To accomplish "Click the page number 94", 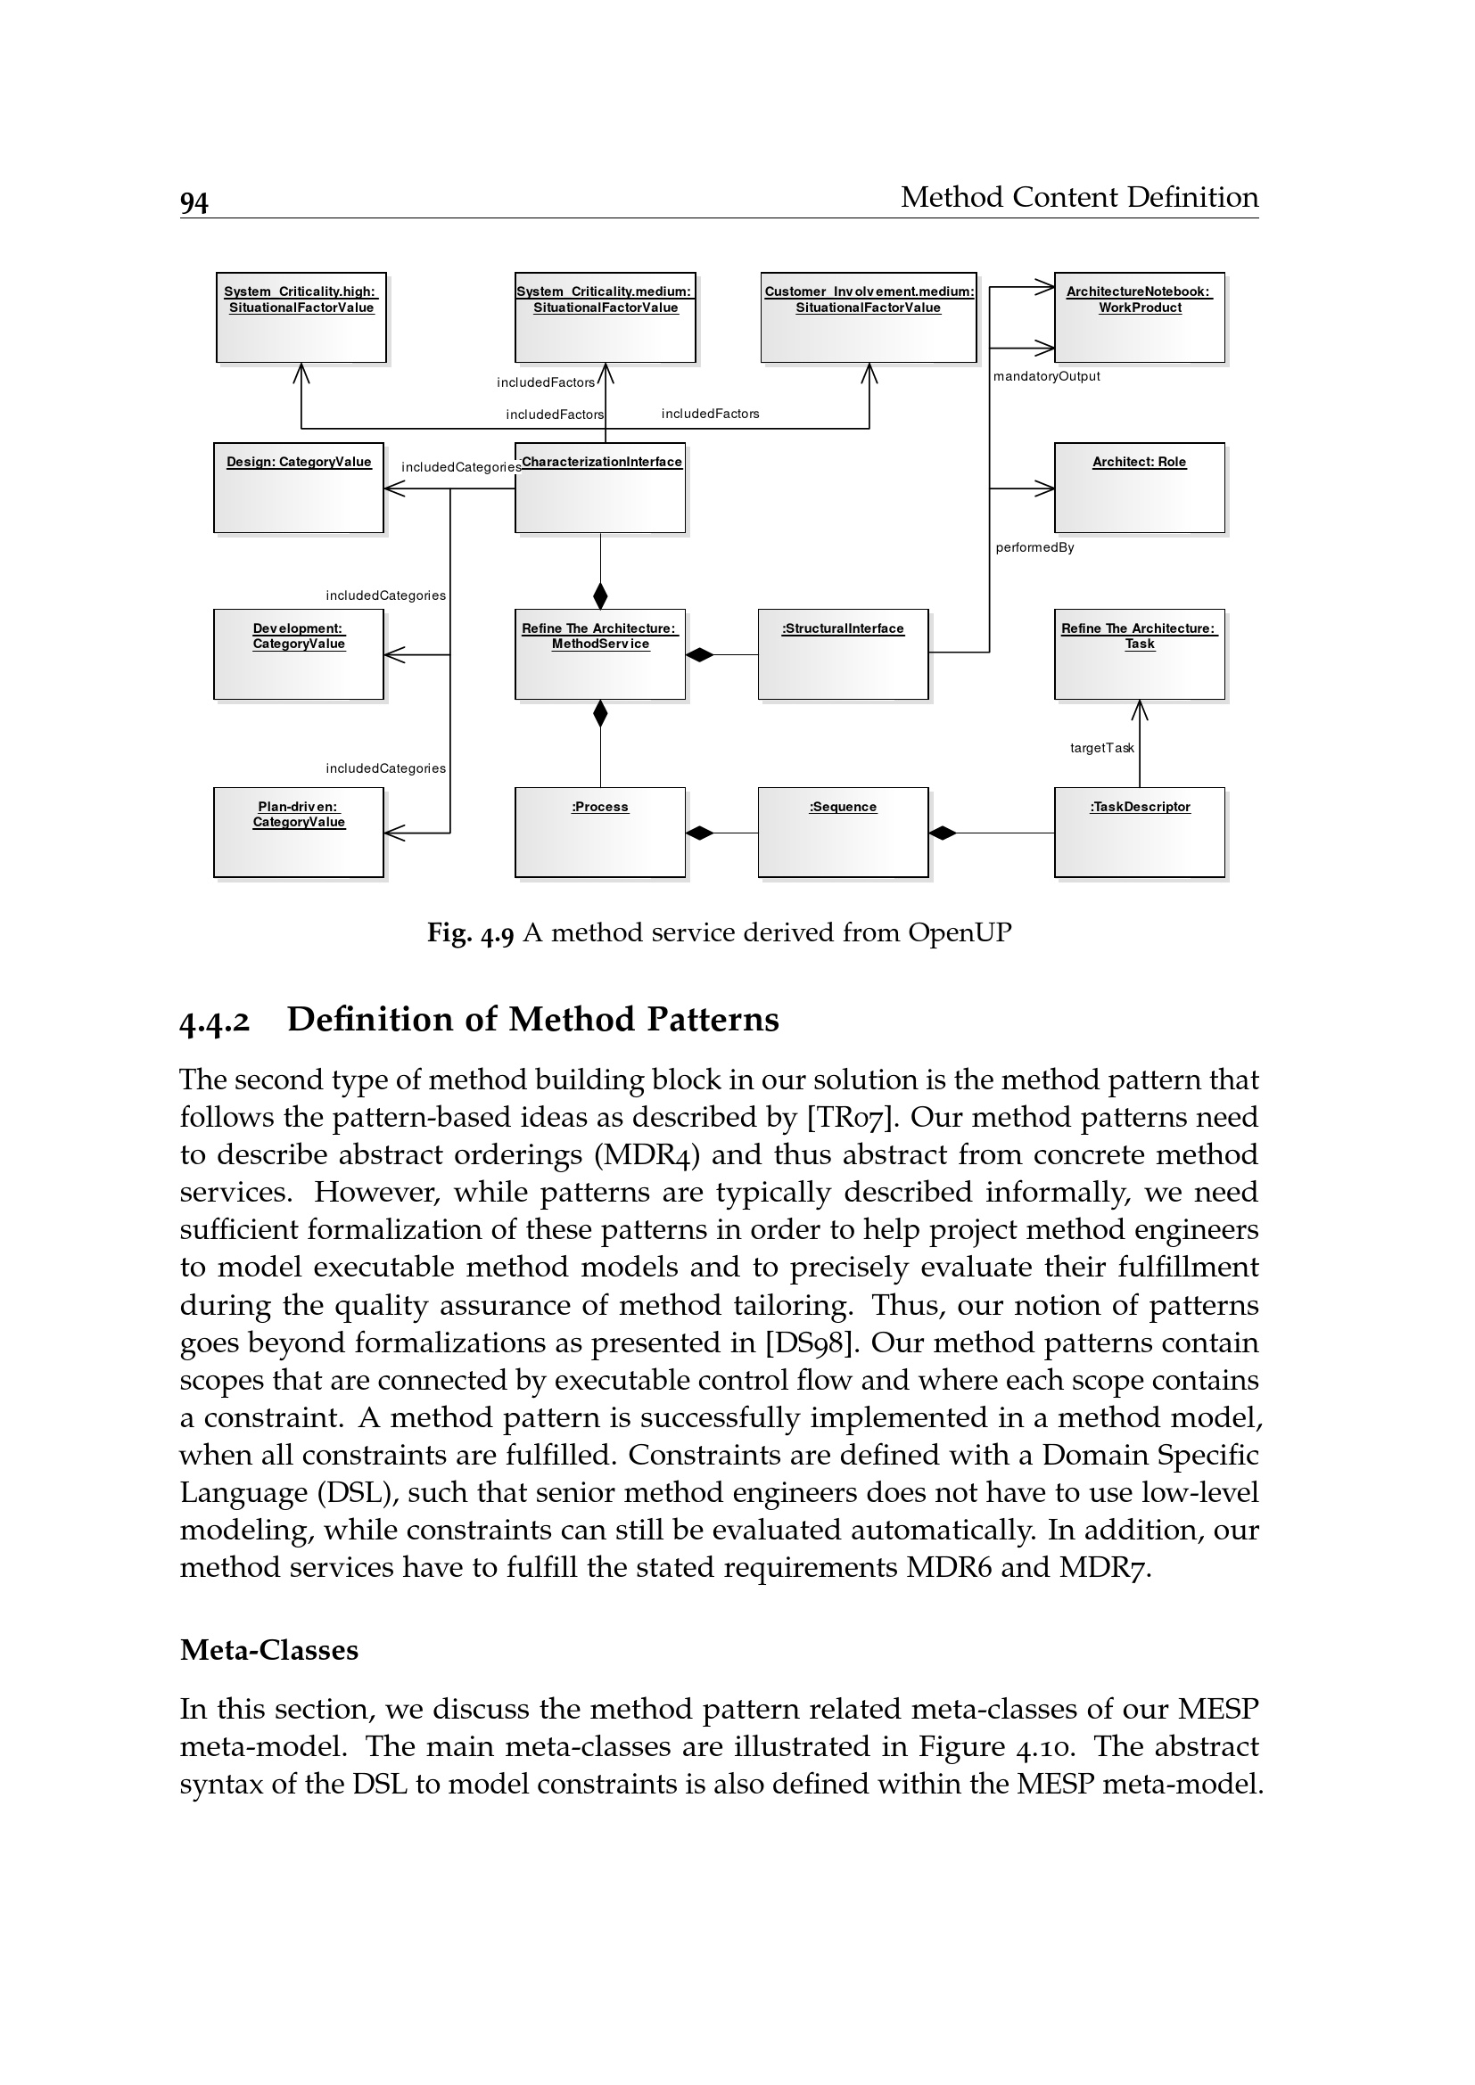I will point(194,202).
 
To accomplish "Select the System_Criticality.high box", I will point(301,318).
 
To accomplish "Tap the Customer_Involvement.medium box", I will point(869,318).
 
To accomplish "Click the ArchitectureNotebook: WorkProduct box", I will point(1139,318).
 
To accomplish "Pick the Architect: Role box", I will point(1139,488).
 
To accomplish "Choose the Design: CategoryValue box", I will point(299,488).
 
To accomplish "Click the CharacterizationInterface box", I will point(599,488).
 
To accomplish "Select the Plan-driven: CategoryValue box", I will point(299,832).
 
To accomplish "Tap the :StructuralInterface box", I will point(843,653).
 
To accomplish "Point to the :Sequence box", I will point(843,832).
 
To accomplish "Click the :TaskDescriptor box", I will point(1139,832).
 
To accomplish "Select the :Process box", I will point(599,832).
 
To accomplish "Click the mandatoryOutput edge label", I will point(1046,377).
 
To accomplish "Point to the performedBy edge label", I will point(1034,547).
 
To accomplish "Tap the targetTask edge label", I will point(1101,748).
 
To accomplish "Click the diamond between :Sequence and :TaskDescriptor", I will point(943,833).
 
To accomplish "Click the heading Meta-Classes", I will point(268,1650).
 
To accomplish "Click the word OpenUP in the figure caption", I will point(960,932).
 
